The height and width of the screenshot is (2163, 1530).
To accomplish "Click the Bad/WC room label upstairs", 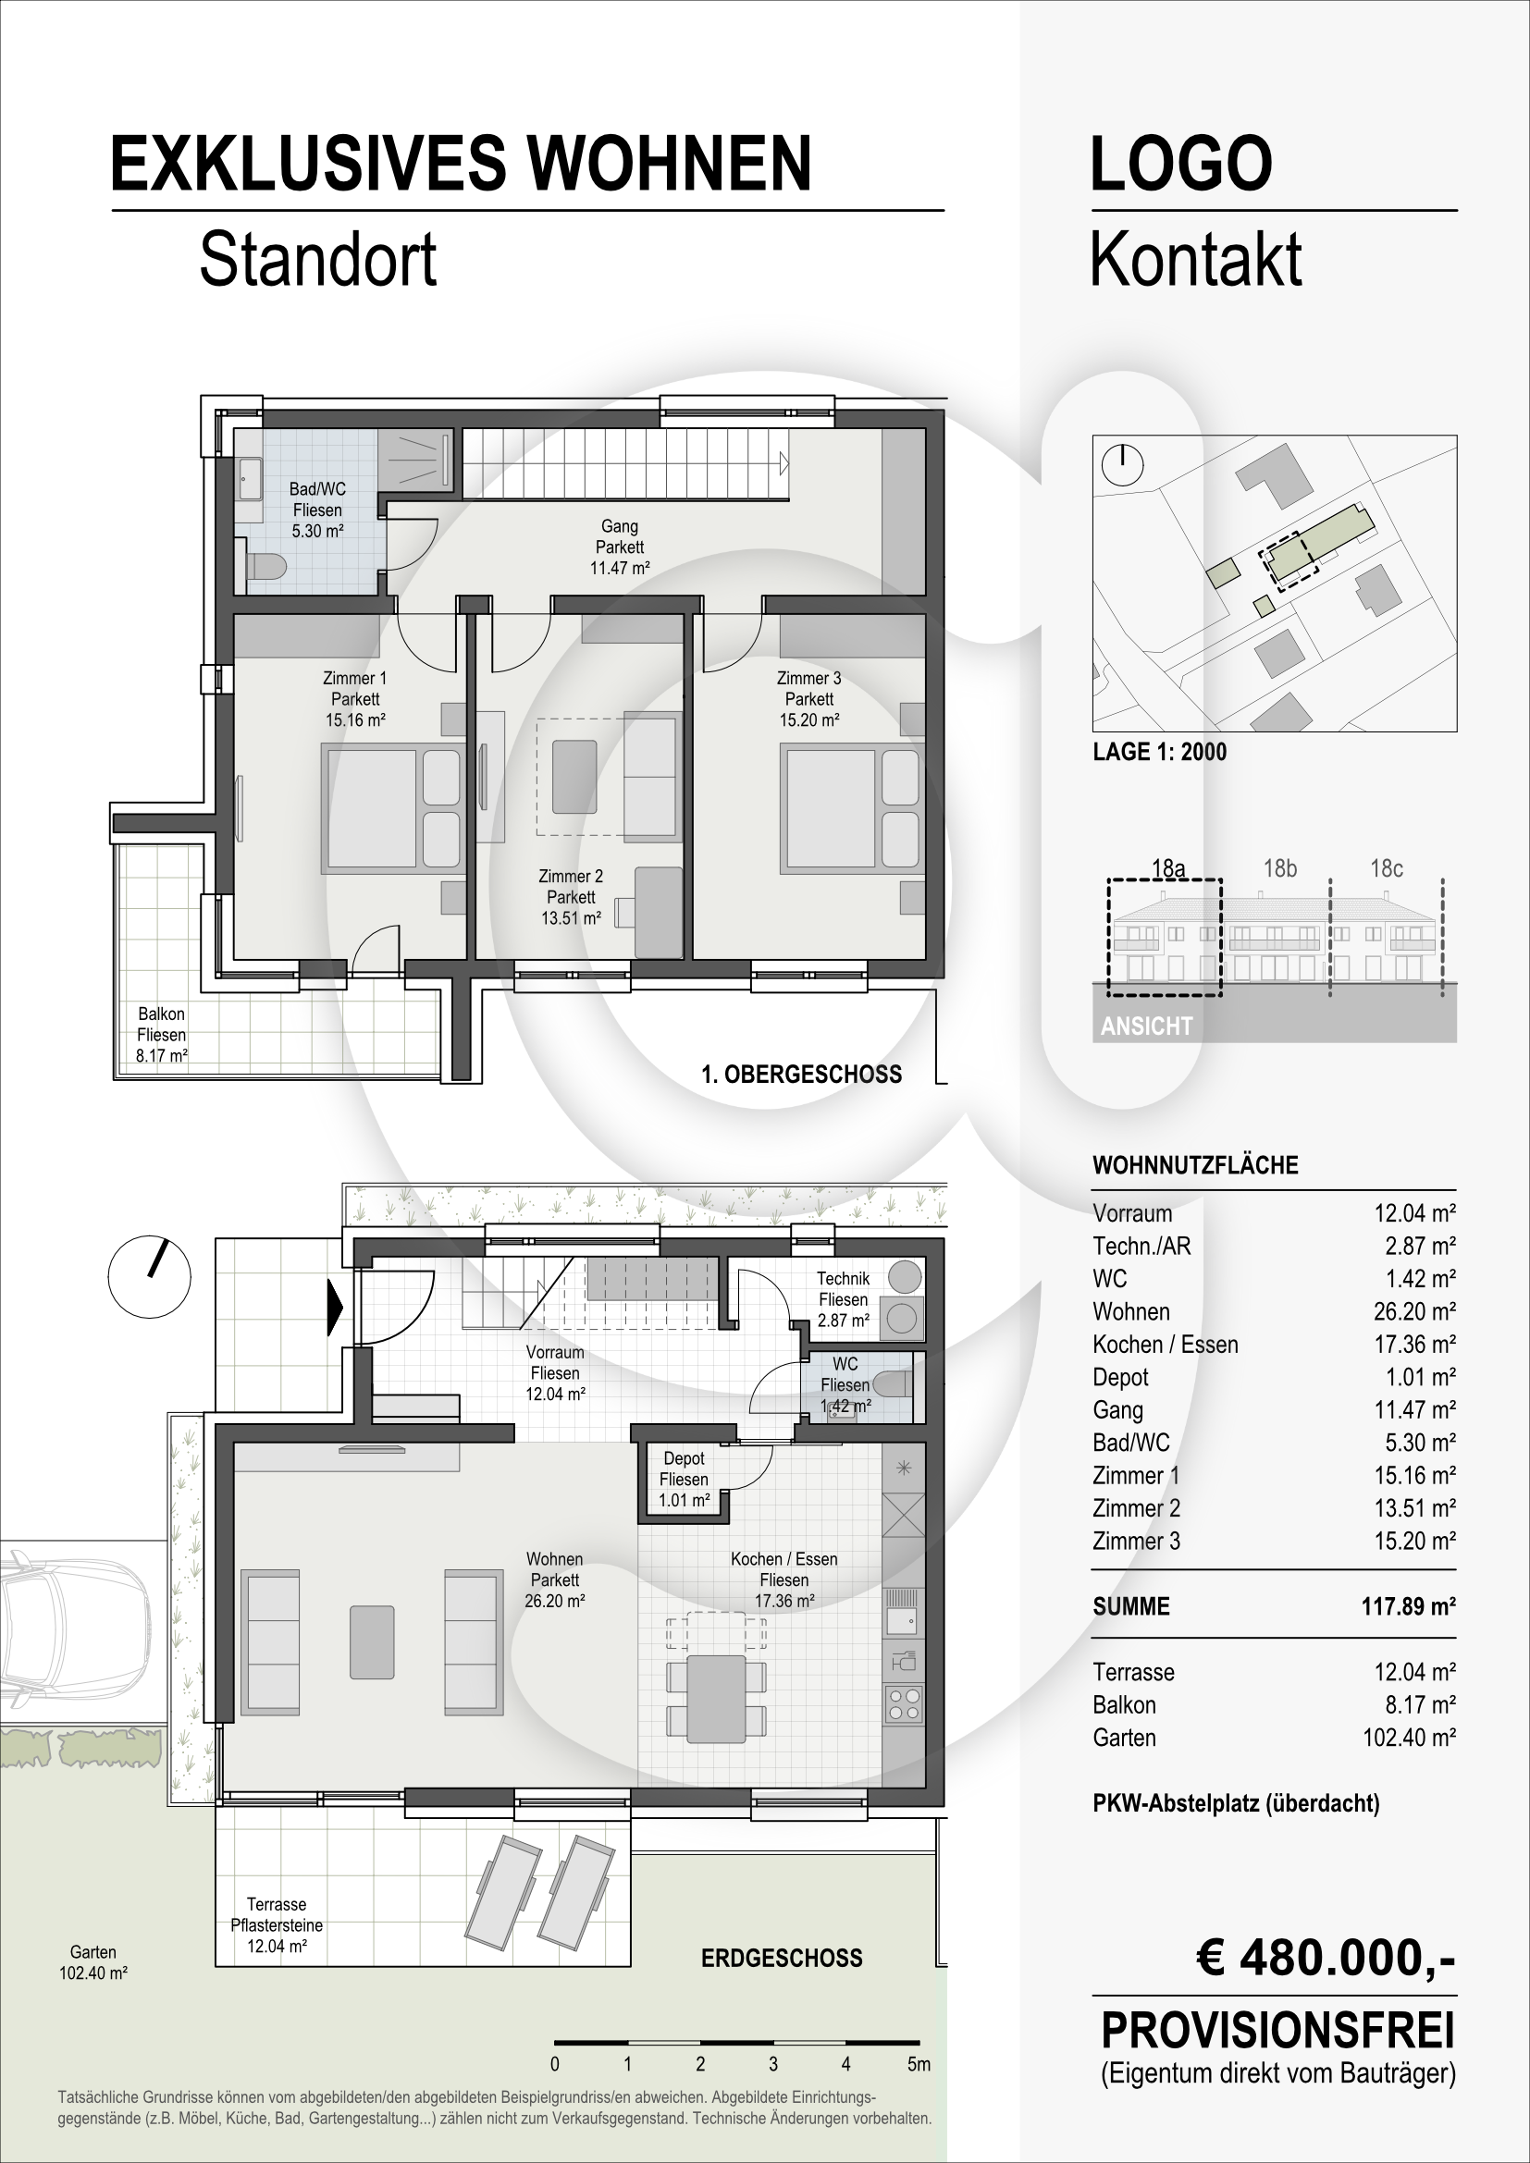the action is click(317, 510).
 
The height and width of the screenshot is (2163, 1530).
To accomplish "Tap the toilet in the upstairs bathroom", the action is click(266, 567).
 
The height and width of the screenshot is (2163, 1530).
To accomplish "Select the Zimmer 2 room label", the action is click(571, 897).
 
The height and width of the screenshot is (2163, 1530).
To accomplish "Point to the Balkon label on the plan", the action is click(161, 1035).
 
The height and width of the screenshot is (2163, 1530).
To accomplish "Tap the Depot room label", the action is click(684, 1478).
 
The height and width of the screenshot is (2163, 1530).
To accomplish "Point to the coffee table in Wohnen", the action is click(372, 1642).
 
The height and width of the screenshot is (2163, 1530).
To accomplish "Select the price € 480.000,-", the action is click(1326, 1958).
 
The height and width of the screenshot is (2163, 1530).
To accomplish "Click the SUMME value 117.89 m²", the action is click(1409, 1606).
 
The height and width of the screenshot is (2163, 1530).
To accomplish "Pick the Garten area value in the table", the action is click(1410, 1738).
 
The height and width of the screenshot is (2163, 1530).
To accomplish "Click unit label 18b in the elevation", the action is click(1279, 867).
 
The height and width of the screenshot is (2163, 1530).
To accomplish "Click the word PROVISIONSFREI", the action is click(1278, 2030).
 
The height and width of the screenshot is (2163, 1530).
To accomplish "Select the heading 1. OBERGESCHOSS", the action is click(802, 1074).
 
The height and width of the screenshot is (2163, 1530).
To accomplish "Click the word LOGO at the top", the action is click(1181, 163).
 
